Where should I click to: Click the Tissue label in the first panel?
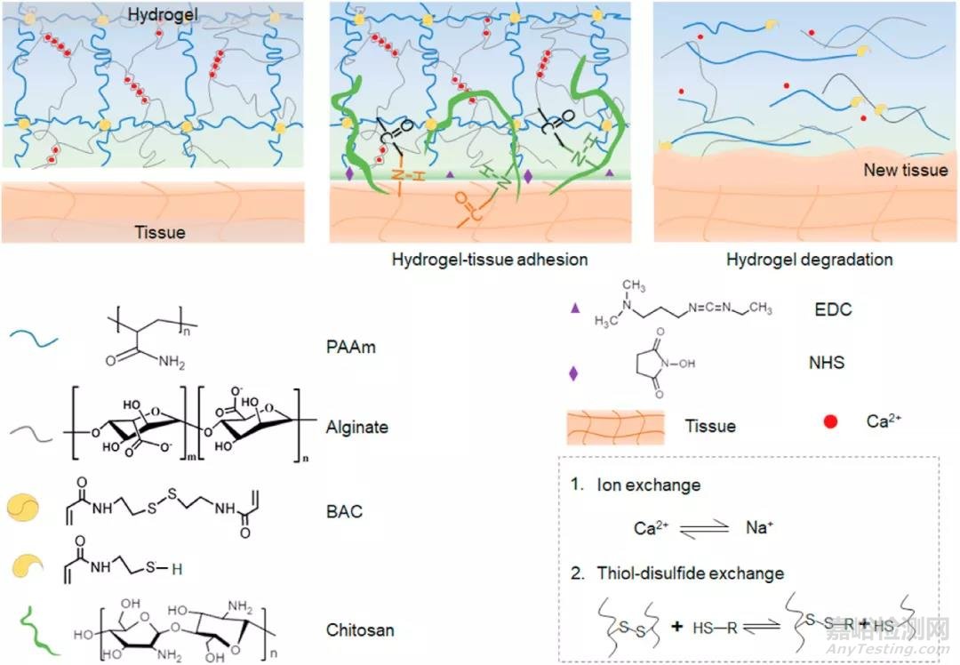click(x=161, y=231)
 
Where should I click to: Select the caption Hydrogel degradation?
click(x=810, y=260)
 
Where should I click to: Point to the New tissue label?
click(x=905, y=170)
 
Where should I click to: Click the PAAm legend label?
click(x=350, y=347)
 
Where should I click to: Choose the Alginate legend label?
click(x=357, y=427)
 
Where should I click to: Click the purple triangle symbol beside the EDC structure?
click(x=573, y=308)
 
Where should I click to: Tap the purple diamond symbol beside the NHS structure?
click(x=573, y=373)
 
